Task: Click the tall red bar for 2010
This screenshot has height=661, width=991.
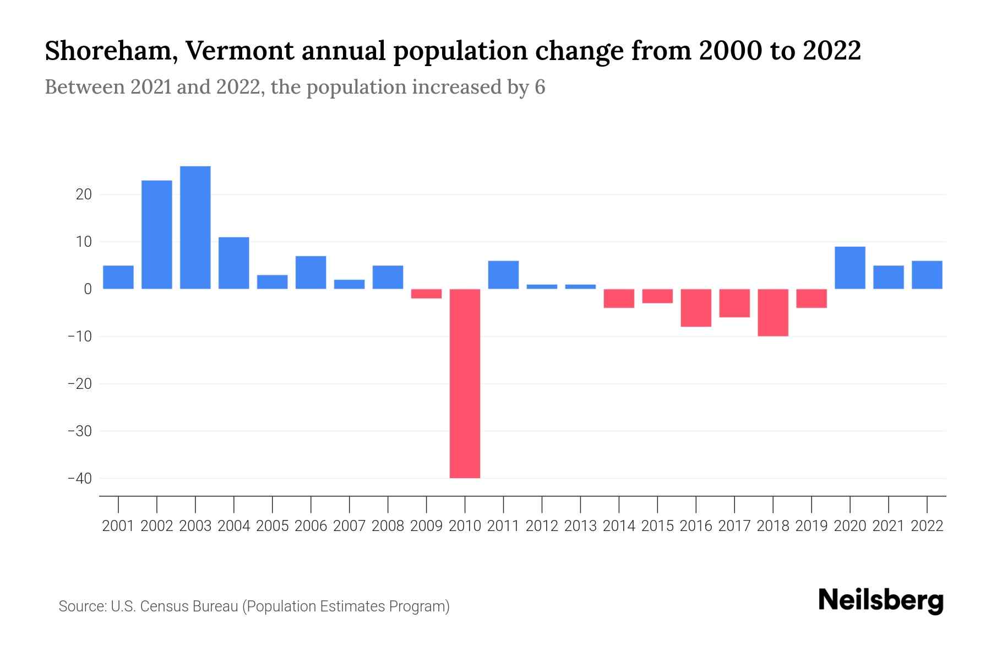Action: pos(465,383)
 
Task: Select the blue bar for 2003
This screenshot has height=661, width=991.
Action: pos(195,227)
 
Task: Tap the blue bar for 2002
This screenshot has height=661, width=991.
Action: pos(156,235)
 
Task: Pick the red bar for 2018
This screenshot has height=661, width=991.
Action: pos(773,312)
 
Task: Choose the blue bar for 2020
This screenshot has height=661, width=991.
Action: pos(850,268)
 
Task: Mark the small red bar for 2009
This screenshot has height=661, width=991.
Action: pos(426,294)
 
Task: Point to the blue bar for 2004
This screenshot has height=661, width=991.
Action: pos(233,263)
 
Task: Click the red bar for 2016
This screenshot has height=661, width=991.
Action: pos(696,308)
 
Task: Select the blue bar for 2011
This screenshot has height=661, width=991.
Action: pos(503,275)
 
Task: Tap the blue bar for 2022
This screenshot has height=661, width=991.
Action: pos(927,275)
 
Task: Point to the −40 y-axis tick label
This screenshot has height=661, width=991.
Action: pos(80,478)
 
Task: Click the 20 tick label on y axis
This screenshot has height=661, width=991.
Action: pos(84,194)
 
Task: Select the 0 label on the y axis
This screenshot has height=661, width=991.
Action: pos(88,289)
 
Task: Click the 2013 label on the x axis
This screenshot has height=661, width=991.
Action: pos(580,526)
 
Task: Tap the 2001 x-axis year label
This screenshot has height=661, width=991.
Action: pos(118,526)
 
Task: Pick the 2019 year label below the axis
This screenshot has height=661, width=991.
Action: pos(812,526)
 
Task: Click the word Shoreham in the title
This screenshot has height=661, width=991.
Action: pos(111,51)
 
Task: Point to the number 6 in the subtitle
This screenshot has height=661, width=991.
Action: pos(540,87)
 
